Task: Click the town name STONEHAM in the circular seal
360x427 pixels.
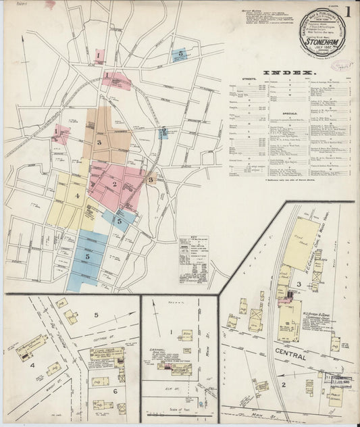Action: pyautogui.click(x=324, y=39)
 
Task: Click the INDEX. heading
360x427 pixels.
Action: pyautogui.click(x=288, y=72)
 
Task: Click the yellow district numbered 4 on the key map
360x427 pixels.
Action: pyautogui.click(x=77, y=197)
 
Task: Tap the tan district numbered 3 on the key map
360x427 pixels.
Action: pyautogui.click(x=100, y=143)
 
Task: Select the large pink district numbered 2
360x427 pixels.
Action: pyautogui.click(x=115, y=184)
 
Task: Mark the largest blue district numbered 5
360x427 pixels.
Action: pyautogui.click(x=88, y=256)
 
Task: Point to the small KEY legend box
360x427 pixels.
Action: pyautogui.click(x=193, y=259)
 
